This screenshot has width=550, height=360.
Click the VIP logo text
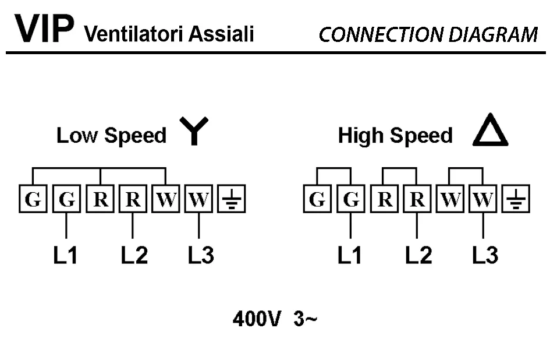coord(44,29)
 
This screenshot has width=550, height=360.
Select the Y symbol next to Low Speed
coord(193,132)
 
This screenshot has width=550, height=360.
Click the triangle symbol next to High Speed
coord(490,132)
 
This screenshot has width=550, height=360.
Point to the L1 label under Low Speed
coord(66,255)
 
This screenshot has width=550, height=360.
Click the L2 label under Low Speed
coord(134,255)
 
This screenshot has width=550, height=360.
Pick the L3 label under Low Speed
coord(201,255)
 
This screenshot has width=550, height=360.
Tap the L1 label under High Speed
coord(350,255)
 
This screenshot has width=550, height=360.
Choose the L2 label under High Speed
coord(418,255)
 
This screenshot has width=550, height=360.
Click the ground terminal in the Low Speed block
coord(232,200)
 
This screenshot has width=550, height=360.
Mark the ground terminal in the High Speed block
coord(516,200)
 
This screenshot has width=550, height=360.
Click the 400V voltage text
coord(257,319)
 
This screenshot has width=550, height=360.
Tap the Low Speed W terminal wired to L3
coord(199,200)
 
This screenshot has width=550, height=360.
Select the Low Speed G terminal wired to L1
coord(67,200)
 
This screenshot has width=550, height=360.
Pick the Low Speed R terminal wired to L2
coord(133,200)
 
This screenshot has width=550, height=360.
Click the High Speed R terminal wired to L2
coord(417,200)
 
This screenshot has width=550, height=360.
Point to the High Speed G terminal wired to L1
coord(351,200)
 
